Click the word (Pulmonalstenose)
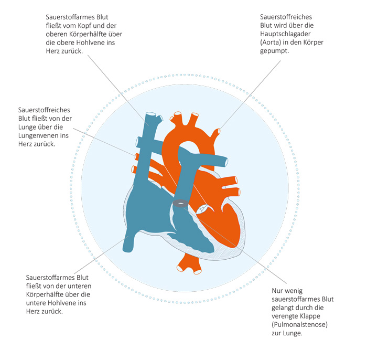click(x=299, y=324)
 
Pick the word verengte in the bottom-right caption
click(x=285, y=316)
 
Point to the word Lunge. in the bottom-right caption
click(x=292, y=333)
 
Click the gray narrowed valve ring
click(x=180, y=204)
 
